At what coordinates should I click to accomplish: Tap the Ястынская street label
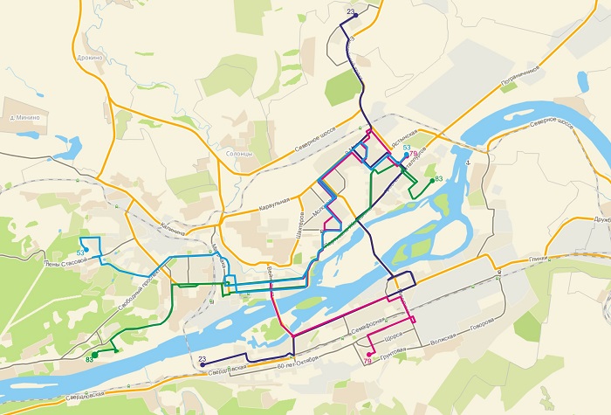(x=406, y=139)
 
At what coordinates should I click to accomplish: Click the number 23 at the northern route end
(x=350, y=10)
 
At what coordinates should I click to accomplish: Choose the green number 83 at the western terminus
(x=89, y=359)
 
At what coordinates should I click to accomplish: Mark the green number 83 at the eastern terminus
(x=438, y=179)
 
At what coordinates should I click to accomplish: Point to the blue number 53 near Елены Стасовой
(x=79, y=252)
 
